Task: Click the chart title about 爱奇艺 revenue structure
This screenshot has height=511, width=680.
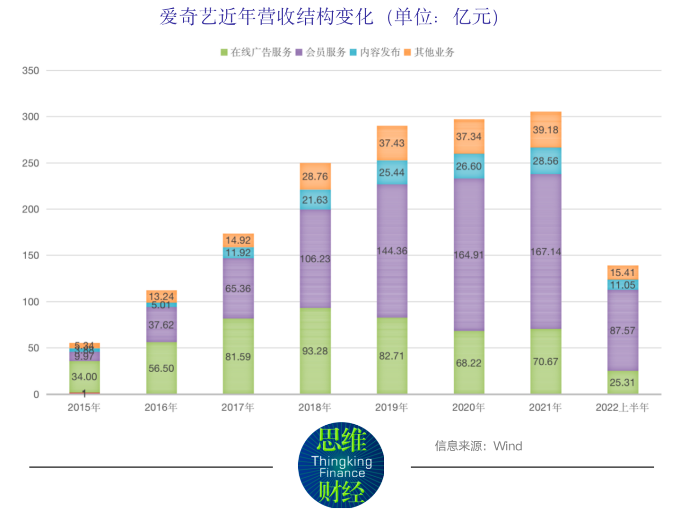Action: pyautogui.click(x=329, y=17)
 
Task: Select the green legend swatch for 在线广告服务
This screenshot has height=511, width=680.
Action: pyautogui.click(x=224, y=52)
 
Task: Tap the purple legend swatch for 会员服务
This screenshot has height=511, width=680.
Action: pyautogui.click(x=299, y=52)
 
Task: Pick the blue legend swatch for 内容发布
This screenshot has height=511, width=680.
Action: pyautogui.click(x=353, y=52)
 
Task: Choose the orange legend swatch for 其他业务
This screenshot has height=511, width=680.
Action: pyautogui.click(x=408, y=52)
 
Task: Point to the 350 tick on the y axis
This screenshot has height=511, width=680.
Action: pyautogui.click(x=31, y=71)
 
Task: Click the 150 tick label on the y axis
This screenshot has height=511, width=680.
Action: pyautogui.click(x=31, y=256)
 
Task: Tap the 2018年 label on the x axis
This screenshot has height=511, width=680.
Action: pyautogui.click(x=315, y=408)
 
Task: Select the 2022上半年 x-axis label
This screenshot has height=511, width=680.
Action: pyautogui.click(x=622, y=408)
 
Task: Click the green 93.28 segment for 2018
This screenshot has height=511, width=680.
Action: pyautogui.click(x=315, y=351)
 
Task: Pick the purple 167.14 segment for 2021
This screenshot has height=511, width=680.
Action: pyautogui.click(x=545, y=251)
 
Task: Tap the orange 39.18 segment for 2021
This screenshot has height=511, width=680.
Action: pyautogui.click(x=545, y=130)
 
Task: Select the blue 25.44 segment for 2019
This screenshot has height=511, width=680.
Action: pyautogui.click(x=391, y=173)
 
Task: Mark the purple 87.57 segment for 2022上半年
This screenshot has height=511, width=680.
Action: pyautogui.click(x=622, y=330)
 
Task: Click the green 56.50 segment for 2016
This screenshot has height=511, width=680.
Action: pyautogui.click(x=161, y=368)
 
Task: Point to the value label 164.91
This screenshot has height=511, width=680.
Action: pyautogui.click(x=469, y=255)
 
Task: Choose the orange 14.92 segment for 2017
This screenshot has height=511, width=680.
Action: pyautogui.click(x=238, y=240)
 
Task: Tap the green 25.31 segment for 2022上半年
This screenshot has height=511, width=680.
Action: pyautogui.click(x=622, y=382)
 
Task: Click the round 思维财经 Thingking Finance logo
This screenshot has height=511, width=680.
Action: pyautogui.click(x=341, y=465)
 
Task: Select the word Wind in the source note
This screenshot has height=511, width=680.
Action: pyautogui.click(x=508, y=446)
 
